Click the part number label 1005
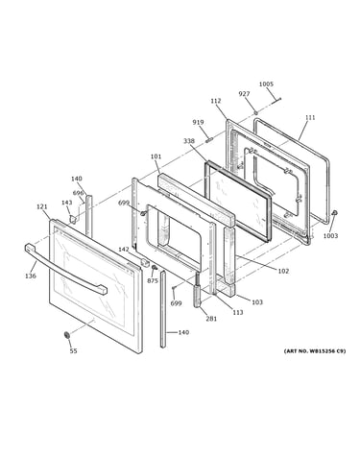point(266,84)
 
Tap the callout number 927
point(244,94)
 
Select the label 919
point(198,122)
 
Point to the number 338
point(189,141)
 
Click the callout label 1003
point(330,236)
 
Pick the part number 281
point(211,319)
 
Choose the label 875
point(153,280)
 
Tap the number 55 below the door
point(73,351)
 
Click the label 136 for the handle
point(31,276)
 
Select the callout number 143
point(66,203)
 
